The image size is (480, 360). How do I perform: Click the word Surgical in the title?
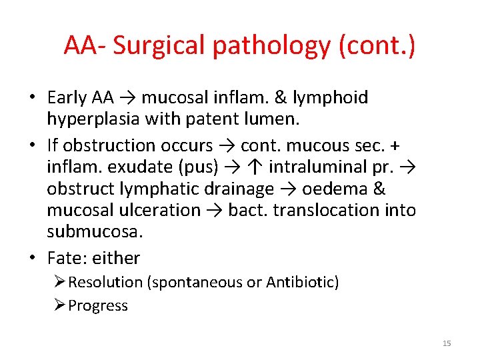click(x=155, y=45)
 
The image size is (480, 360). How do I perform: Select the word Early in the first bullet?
click(x=67, y=97)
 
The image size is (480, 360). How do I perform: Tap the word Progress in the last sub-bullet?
click(x=98, y=305)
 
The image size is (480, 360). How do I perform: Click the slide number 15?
click(x=447, y=343)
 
